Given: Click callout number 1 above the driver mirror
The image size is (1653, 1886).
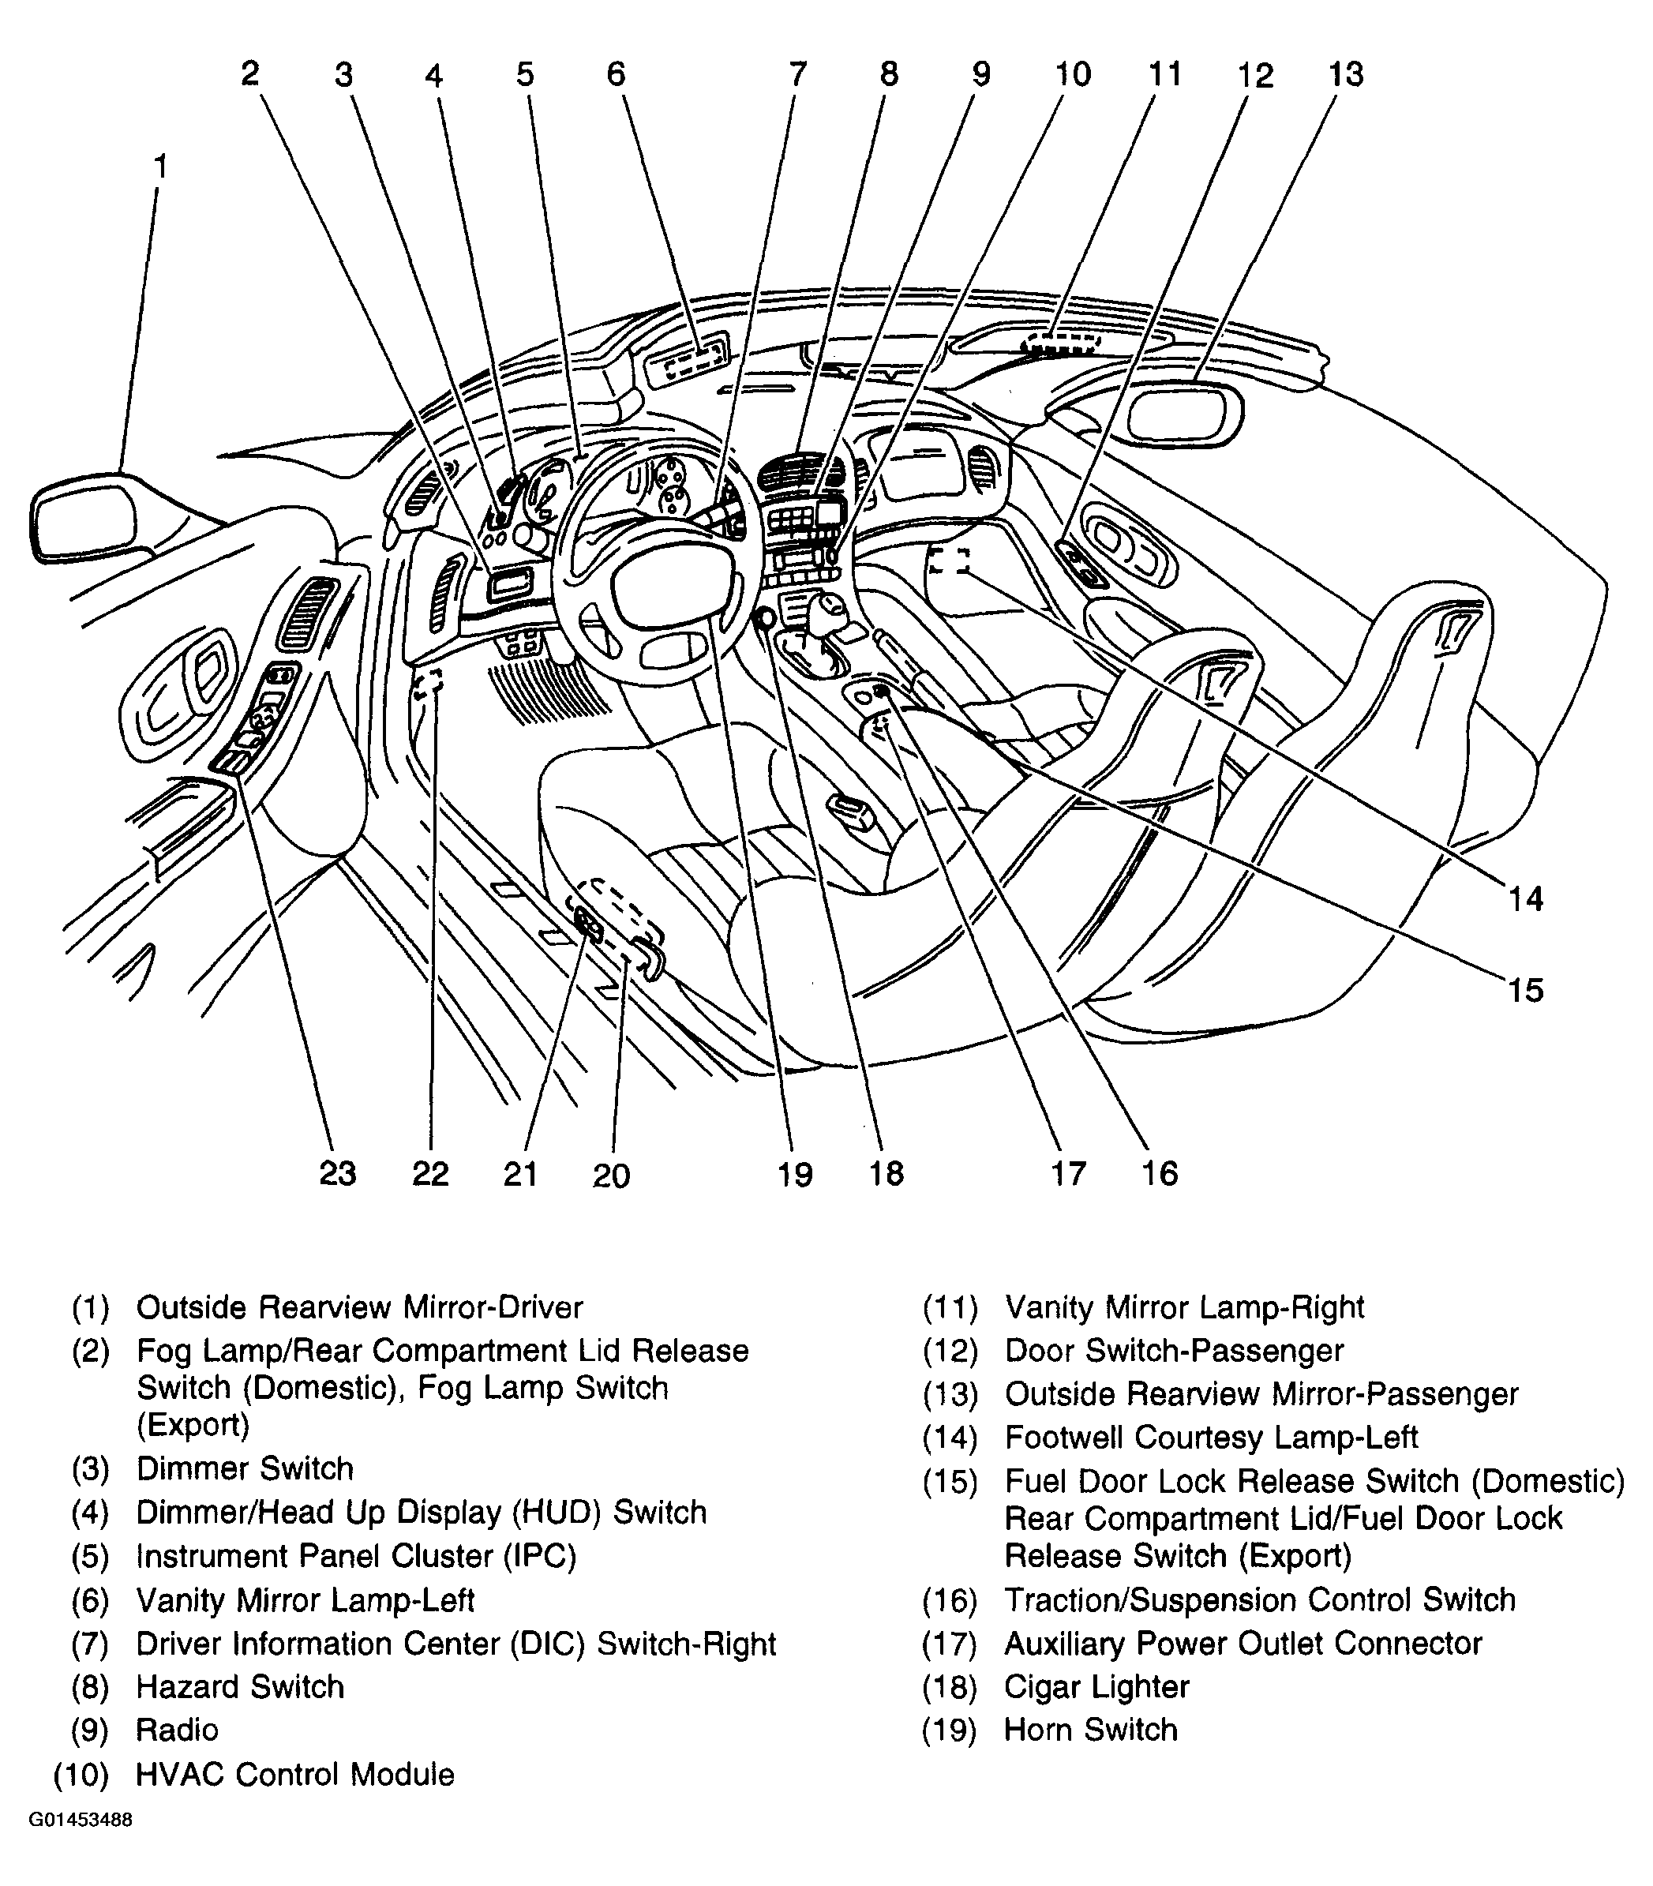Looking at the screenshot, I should tap(160, 168).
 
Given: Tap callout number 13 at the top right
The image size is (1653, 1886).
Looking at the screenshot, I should tap(1345, 73).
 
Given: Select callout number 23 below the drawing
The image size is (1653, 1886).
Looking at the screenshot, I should tap(337, 1173).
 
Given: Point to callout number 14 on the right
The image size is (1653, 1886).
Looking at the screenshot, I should tap(1525, 898).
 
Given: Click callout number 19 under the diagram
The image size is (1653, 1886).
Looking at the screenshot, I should tap(794, 1174).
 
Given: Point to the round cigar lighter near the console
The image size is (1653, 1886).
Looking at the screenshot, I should tap(765, 619).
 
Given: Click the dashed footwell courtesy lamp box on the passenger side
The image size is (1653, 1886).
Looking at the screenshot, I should tap(949, 560).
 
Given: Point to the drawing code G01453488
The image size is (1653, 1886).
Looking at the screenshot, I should tap(81, 1820).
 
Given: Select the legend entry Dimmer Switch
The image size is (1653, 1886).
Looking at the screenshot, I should tap(245, 1468).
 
